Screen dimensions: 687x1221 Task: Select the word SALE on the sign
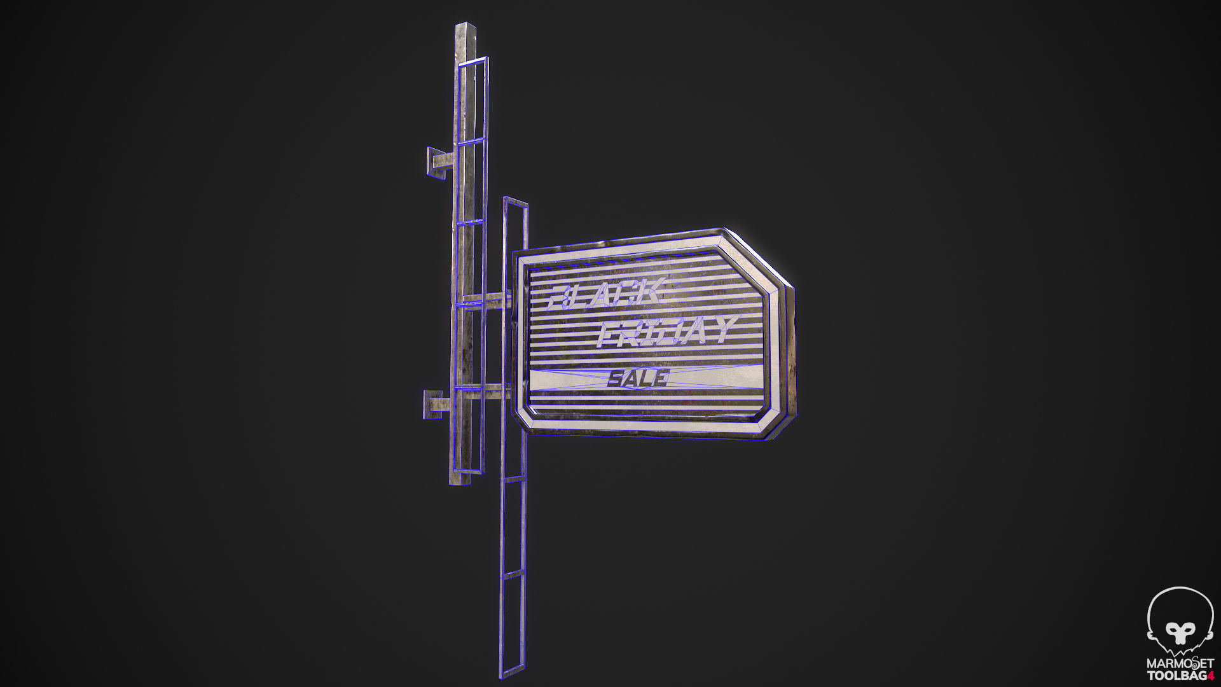(x=638, y=379)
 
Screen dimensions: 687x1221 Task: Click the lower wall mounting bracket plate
(x=432, y=404)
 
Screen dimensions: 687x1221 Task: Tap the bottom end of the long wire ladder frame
(x=513, y=674)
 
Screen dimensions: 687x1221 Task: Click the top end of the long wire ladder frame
(x=515, y=202)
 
